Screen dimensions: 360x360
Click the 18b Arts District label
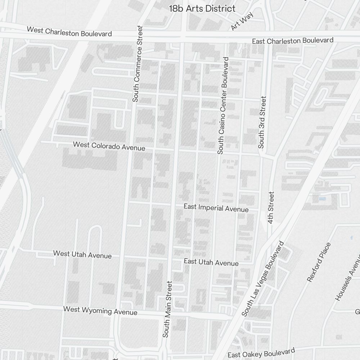tap(202, 9)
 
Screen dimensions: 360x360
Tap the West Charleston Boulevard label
tap(69, 31)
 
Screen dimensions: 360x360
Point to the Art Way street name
tap(242, 22)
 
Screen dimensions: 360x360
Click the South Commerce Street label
tap(136, 64)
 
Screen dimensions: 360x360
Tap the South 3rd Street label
tap(262, 122)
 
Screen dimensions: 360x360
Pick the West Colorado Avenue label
tap(109, 146)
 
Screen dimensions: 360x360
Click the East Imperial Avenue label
tap(216, 208)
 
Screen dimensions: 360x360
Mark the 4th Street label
tap(271, 207)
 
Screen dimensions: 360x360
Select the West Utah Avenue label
tap(82, 254)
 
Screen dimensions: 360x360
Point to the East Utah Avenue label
tap(211, 262)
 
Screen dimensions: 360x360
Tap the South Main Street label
tap(168, 309)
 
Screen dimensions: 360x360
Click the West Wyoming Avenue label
tap(100, 310)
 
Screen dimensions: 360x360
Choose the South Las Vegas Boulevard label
tap(264, 279)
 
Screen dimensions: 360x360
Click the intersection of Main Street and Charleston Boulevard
tap(182, 36)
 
